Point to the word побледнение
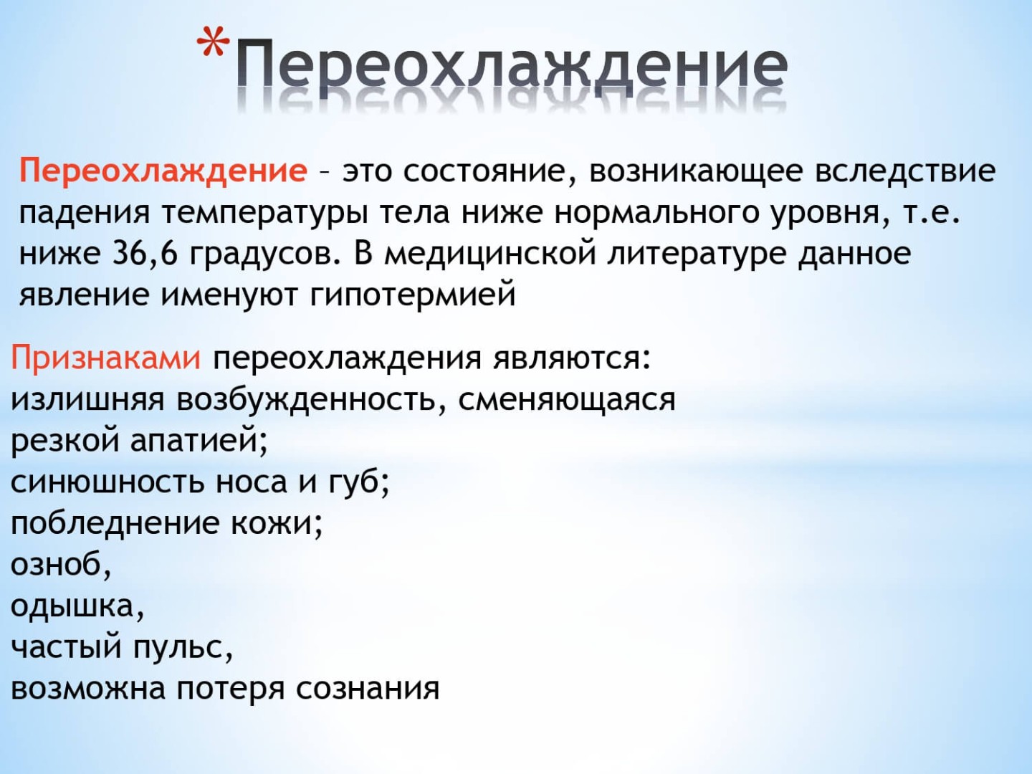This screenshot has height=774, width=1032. [115, 523]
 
